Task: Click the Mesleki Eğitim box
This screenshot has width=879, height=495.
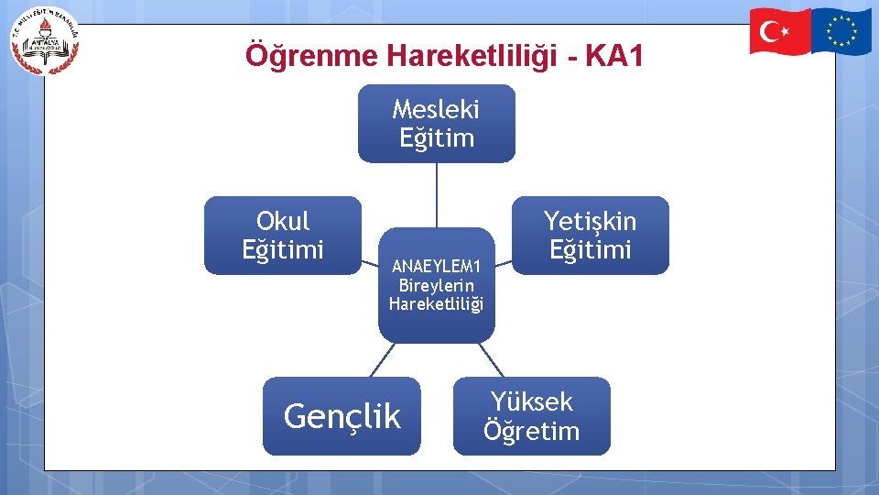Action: coord(436,124)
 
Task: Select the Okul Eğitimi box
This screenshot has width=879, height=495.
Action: coord(283,235)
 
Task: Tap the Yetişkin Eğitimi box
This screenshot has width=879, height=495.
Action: coord(591,235)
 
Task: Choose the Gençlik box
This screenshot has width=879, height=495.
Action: coord(342,416)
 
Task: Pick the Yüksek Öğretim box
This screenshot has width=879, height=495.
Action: coord(531,416)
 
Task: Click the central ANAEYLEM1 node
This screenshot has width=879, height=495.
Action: coord(436,285)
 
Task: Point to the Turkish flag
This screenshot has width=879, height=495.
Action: coord(780,30)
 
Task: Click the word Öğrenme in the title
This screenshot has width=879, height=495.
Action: coord(311,57)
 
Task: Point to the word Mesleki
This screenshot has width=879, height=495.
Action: coord(436,110)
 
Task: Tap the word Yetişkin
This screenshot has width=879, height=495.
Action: coord(591,221)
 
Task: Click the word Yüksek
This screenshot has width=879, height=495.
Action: coord(531,401)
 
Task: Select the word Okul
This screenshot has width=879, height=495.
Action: coord(283,221)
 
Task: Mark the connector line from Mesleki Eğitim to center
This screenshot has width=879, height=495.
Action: coord(436,194)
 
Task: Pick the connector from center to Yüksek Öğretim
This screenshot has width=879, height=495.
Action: coord(491,359)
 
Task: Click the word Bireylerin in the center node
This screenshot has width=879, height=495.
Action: coord(436,285)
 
